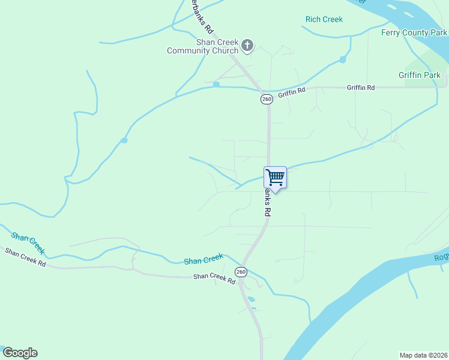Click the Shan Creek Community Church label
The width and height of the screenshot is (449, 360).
click(x=202, y=47)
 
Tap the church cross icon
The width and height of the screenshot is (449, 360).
click(x=247, y=46)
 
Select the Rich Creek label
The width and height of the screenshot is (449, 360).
click(x=324, y=19)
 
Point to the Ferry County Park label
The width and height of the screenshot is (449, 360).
click(x=414, y=32)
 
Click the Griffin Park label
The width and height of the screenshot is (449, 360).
click(x=419, y=75)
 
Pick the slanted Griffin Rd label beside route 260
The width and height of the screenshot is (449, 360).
click(x=292, y=92)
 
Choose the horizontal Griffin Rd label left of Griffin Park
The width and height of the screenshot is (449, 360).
click(x=360, y=88)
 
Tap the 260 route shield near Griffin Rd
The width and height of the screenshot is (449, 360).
click(x=267, y=99)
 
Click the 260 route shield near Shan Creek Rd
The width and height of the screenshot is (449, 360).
click(x=241, y=272)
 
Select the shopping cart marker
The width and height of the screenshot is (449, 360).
click(x=275, y=178)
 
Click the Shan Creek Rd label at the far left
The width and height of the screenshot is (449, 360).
click(x=25, y=257)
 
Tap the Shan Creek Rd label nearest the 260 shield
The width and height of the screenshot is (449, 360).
click(x=214, y=280)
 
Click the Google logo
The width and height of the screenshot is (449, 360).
click(x=20, y=353)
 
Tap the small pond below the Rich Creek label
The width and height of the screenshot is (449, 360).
click(x=343, y=59)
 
